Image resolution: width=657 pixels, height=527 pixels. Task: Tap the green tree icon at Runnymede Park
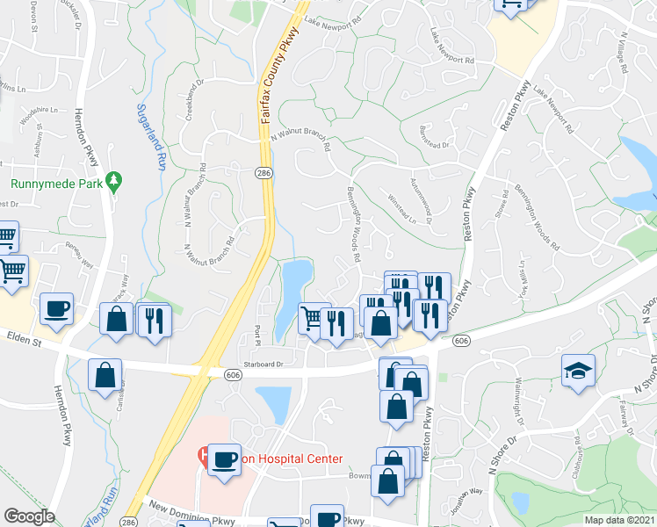coord(112,181)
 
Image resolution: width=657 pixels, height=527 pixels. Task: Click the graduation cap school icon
coord(578,369)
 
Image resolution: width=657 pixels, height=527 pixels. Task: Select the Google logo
coord(30,516)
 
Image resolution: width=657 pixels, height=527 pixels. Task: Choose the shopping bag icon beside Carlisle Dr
coord(105,374)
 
